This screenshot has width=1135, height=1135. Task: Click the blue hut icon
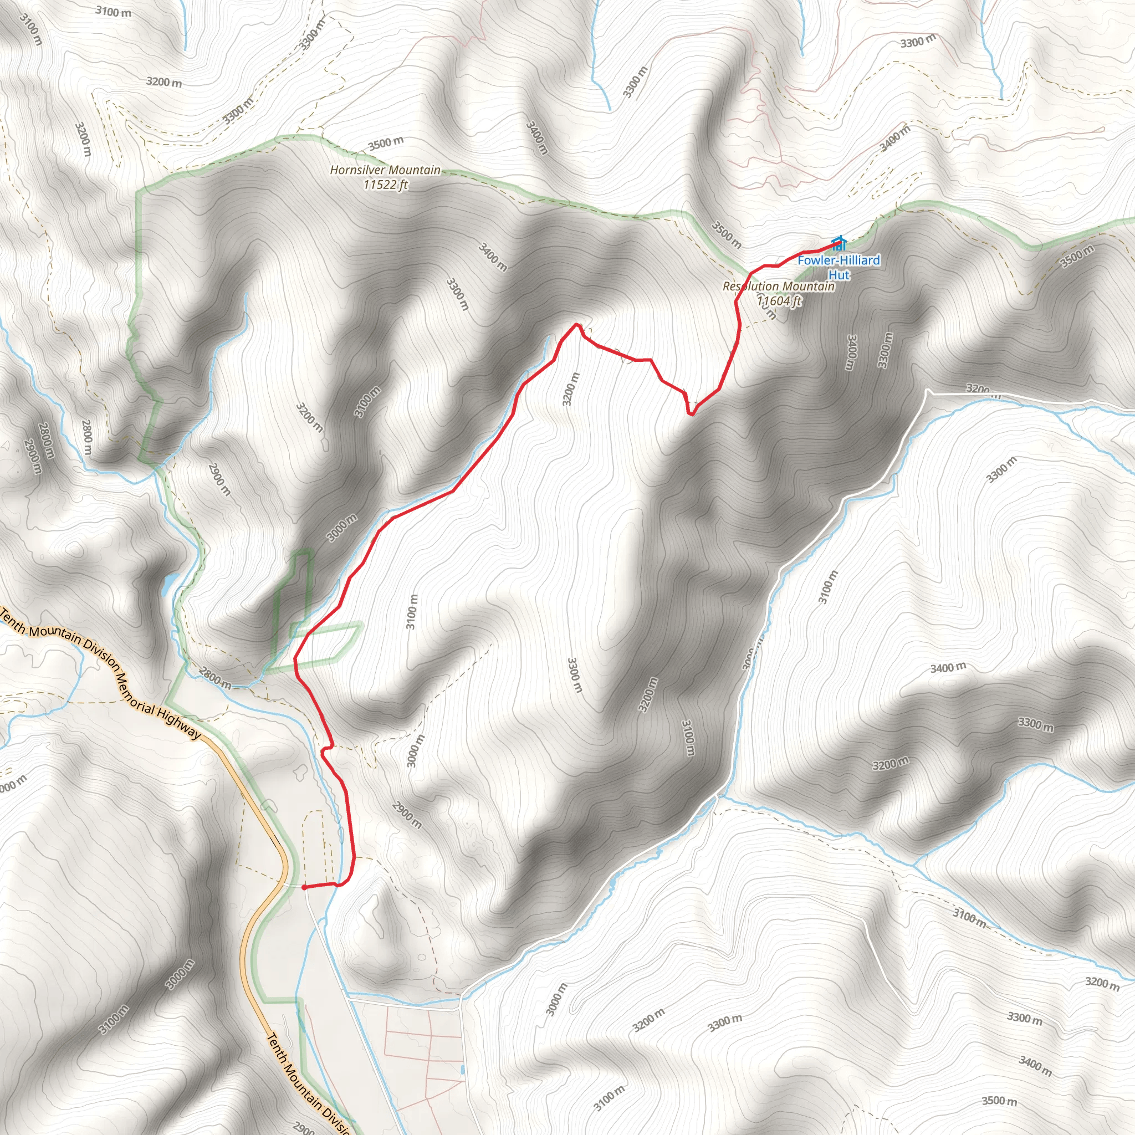point(840,243)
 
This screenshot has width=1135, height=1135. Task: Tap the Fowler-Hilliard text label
point(839,260)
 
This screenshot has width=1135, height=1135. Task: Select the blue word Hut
point(839,275)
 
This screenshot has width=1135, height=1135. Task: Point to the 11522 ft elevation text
point(385,185)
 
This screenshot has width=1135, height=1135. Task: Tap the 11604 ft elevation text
point(779,301)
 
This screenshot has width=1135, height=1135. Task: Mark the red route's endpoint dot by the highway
point(304,888)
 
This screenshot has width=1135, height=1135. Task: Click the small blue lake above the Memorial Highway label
point(168,584)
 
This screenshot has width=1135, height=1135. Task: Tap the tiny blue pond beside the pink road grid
point(463,1070)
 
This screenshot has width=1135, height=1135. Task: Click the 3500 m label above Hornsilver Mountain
point(385,143)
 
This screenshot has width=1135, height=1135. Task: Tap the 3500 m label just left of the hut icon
point(727,234)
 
